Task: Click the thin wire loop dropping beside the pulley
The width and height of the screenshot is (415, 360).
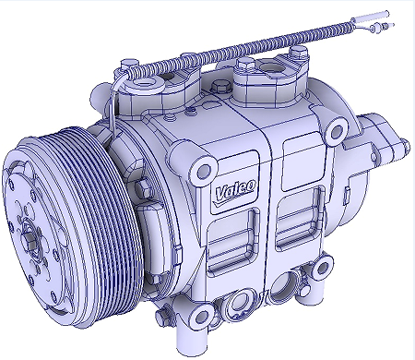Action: point(108,115)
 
